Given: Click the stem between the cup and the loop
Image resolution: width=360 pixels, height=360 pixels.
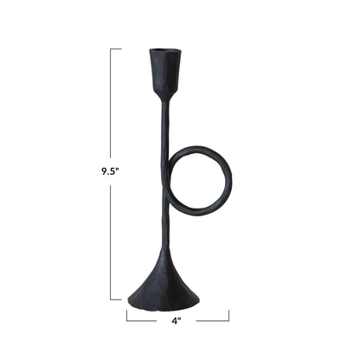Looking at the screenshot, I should tap(163, 125).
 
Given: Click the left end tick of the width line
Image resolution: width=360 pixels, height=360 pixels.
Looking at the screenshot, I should tap(127, 315).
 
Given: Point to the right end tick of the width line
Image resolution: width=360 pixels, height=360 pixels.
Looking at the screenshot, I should tap(229, 315).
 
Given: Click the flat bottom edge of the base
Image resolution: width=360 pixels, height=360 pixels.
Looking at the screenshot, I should tap(164, 306).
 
